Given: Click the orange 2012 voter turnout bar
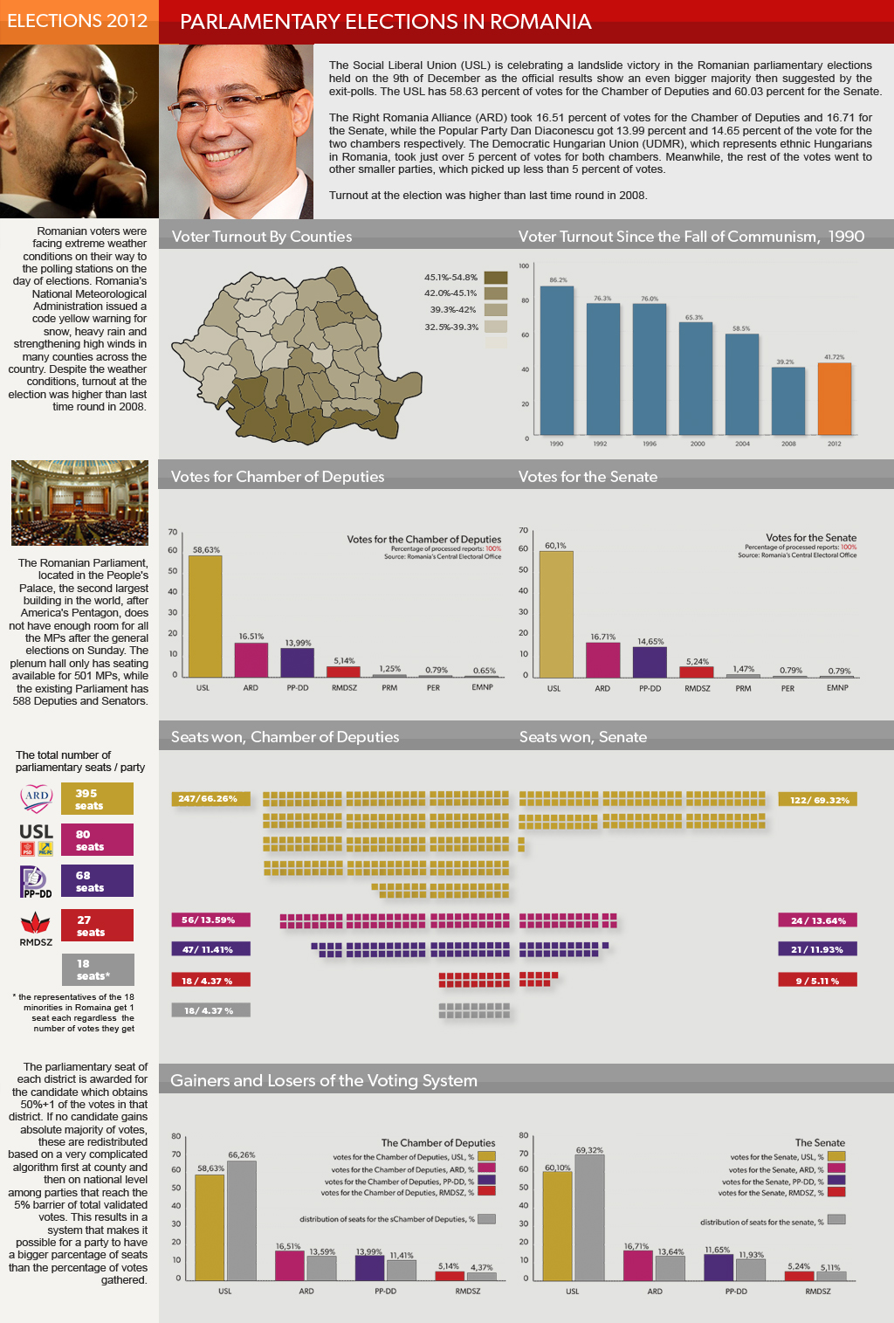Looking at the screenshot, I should (834, 398).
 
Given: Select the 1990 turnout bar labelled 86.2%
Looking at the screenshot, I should (557, 360).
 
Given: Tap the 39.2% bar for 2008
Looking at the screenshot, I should (787, 401).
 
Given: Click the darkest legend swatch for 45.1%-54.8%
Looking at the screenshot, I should (496, 278).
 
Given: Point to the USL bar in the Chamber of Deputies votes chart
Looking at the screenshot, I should (205, 616).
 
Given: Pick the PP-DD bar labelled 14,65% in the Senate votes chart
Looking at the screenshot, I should (650, 661).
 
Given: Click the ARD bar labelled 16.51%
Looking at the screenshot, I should (251, 659).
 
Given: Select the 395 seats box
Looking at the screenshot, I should (97, 799).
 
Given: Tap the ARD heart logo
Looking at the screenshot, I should (37, 796).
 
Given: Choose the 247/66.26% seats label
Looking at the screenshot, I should (210, 798).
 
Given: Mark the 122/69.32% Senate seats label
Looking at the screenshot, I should (818, 800).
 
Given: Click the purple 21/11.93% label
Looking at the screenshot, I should (817, 949).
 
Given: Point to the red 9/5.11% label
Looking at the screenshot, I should (817, 981).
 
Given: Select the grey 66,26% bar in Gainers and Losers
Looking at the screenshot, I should (242, 1220).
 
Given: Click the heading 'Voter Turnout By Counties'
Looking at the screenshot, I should (262, 237).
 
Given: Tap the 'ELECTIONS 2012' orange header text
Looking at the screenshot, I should (78, 21).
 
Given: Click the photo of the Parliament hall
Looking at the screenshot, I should (79, 503).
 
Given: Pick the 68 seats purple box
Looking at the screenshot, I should (97, 881).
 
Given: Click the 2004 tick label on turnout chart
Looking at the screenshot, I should (742, 444).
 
